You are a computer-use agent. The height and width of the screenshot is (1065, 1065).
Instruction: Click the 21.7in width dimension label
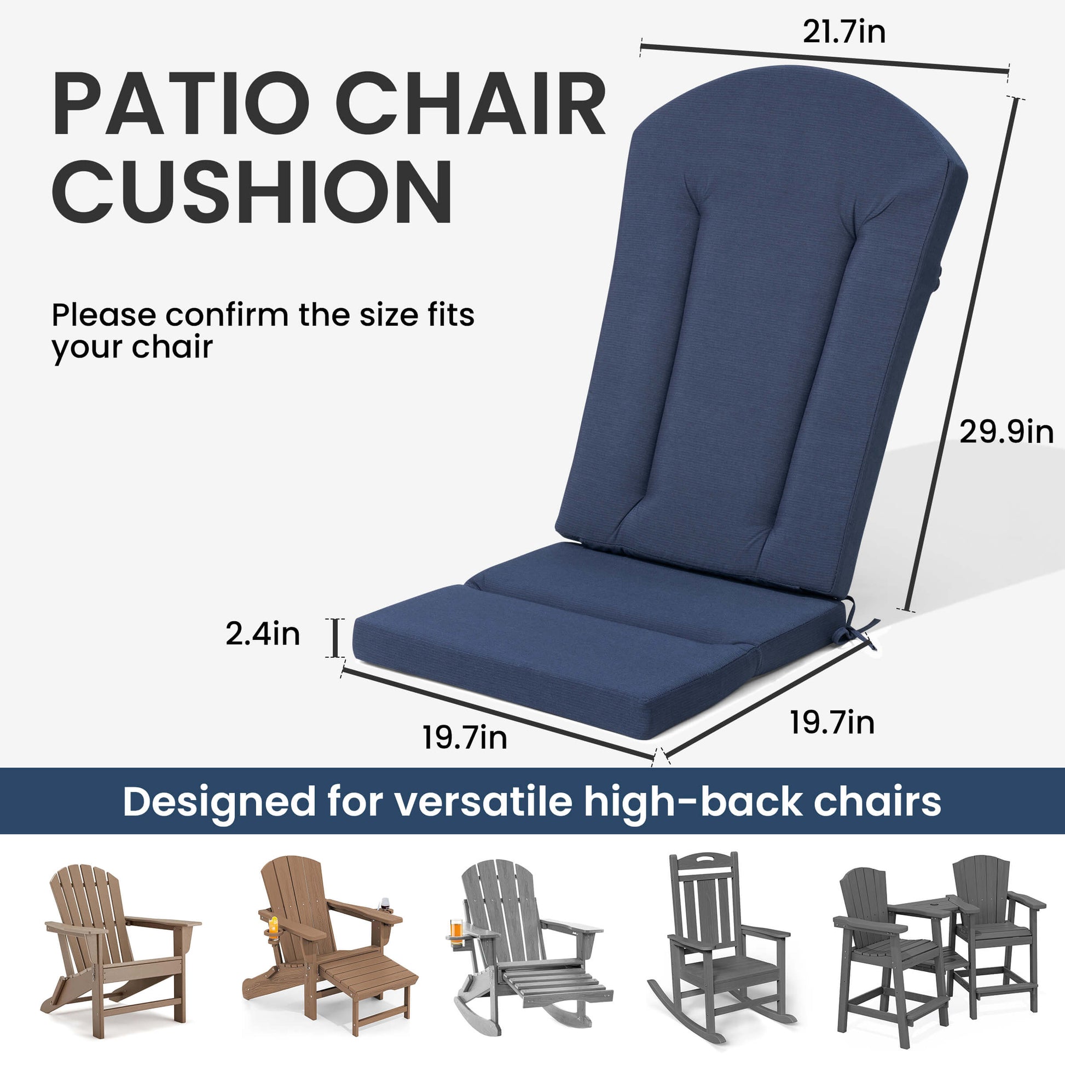(x=844, y=32)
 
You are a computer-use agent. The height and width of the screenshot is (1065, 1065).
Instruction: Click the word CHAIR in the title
(x=471, y=105)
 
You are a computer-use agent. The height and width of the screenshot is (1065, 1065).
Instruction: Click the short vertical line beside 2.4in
(x=334, y=638)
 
